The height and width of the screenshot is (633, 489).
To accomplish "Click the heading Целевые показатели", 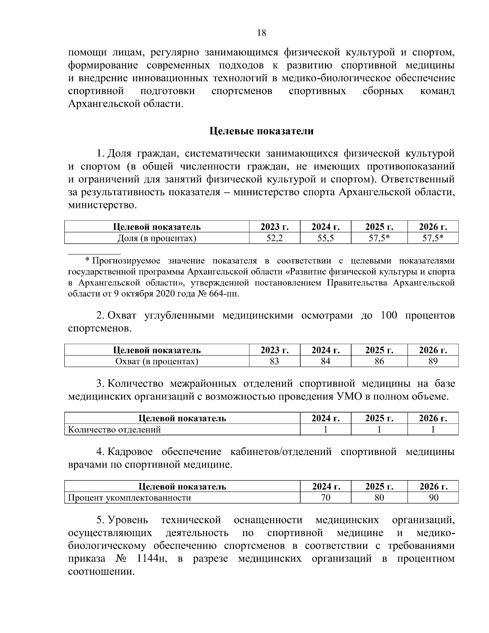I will click(261, 131).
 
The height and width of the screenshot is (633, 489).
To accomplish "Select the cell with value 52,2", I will click(274, 238).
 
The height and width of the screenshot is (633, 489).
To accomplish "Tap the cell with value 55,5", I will click(325, 238).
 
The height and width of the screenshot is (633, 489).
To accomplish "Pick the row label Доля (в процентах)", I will click(157, 238).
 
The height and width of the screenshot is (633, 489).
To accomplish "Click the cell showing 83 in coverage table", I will click(274, 361).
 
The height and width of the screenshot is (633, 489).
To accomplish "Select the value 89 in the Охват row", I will click(433, 361).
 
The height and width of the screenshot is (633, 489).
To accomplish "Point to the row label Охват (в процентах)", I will click(157, 361).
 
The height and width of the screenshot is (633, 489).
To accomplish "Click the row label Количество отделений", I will click(115, 430).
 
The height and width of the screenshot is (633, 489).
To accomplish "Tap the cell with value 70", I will click(325, 498).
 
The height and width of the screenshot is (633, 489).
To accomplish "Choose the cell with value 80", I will click(379, 498).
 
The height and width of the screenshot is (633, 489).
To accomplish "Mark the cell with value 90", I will click(433, 498).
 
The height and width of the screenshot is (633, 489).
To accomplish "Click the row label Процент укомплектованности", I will click(130, 498).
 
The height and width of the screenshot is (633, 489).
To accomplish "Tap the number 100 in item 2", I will click(389, 315).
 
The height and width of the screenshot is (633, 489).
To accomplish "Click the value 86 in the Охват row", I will click(379, 361).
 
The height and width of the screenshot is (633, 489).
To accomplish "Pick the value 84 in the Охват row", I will click(325, 361).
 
